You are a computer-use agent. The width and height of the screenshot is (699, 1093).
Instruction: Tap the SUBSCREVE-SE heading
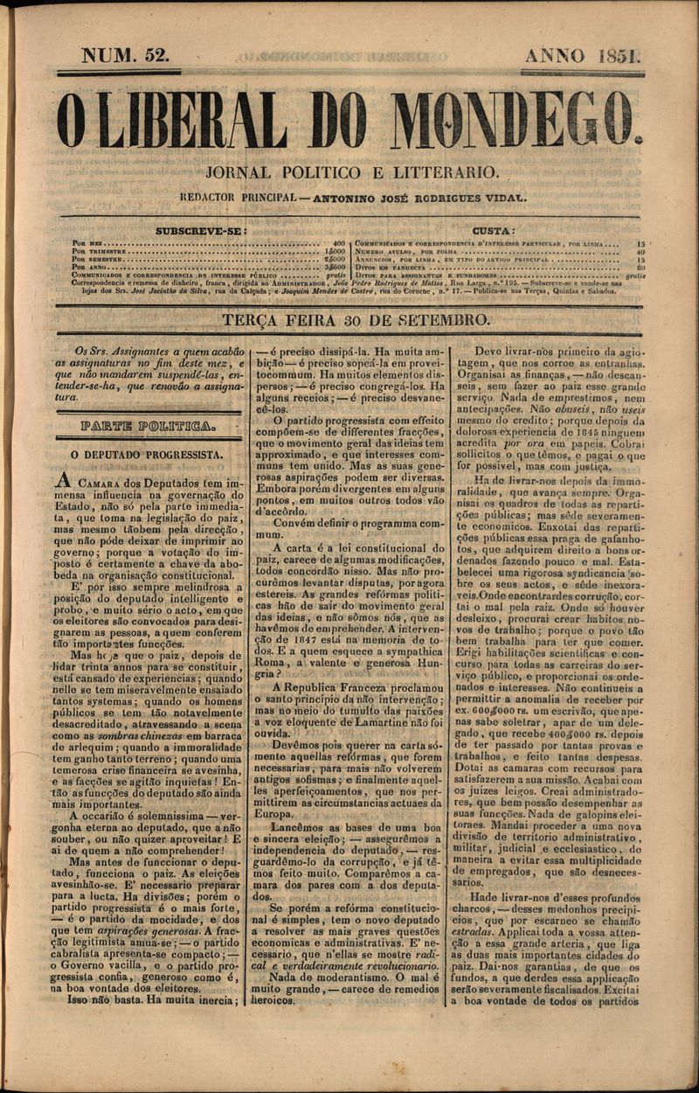click(x=201, y=231)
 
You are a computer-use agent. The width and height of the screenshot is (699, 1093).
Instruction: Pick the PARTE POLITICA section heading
click(x=147, y=426)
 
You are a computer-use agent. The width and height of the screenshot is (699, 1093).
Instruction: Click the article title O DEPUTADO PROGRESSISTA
click(x=147, y=455)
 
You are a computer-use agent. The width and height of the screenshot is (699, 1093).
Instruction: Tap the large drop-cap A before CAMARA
click(x=62, y=483)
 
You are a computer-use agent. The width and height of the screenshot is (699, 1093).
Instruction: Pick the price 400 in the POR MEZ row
click(x=339, y=242)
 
